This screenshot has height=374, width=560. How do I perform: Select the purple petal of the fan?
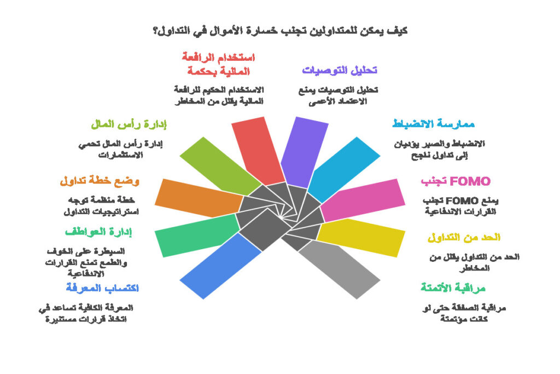pyautogui.click(x=307, y=148)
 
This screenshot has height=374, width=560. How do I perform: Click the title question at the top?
pyautogui.click(x=279, y=30)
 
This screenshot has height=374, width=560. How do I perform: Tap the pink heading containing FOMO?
pyautogui.click(x=455, y=181)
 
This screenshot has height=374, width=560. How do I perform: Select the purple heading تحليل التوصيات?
pyautogui.click(x=340, y=70)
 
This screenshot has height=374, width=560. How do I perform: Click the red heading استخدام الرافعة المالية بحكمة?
pyautogui.click(x=218, y=64)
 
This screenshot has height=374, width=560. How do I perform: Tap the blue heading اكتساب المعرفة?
pyautogui.click(x=102, y=287)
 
